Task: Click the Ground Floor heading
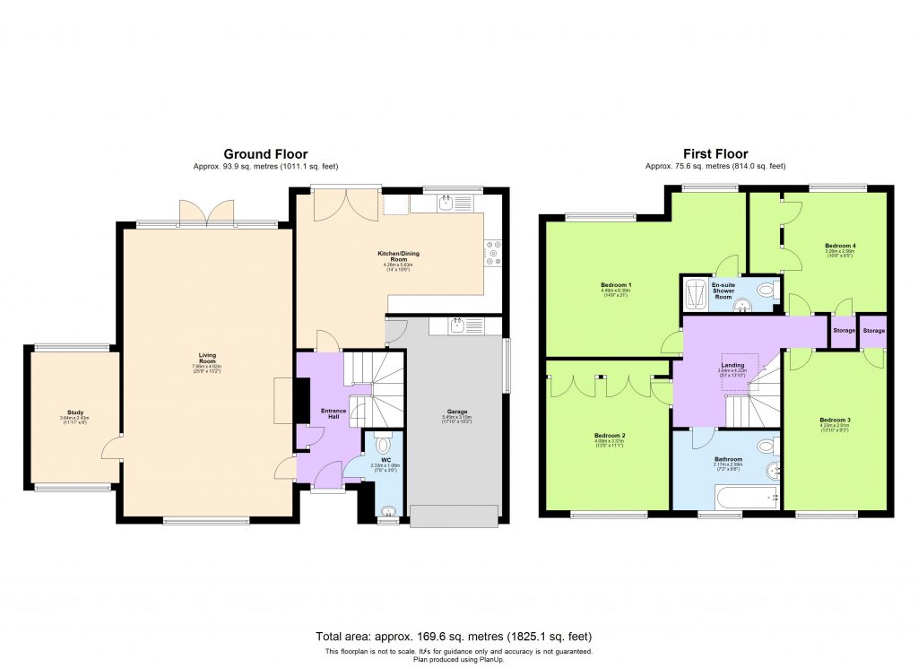click(x=265, y=154)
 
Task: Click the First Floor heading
click(x=714, y=154)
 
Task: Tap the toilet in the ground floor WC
click(x=384, y=444)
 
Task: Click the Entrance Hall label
click(x=321, y=412)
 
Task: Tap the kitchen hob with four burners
click(x=492, y=252)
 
